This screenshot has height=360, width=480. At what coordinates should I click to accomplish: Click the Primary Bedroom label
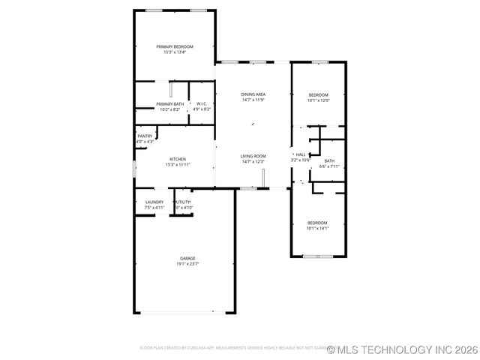pyautogui.click(x=175, y=46)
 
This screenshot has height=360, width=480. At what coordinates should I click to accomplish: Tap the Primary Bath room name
pyautogui.click(x=169, y=103)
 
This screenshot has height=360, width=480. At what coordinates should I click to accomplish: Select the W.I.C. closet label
pyautogui.click(x=202, y=103)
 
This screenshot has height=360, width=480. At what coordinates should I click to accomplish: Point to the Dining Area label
pyautogui.click(x=253, y=94)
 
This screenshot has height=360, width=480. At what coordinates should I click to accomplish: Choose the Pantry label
pyautogui.click(x=145, y=136)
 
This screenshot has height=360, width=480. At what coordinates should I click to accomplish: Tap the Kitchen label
pyautogui.click(x=178, y=159)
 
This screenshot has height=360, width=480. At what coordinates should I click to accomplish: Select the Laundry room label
pyautogui.click(x=154, y=202)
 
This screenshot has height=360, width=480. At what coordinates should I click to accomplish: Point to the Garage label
pyautogui.click(x=187, y=258)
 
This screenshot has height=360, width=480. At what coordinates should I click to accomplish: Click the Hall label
pyautogui.click(x=301, y=154)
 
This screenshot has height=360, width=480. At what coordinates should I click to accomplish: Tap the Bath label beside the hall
pyautogui.click(x=329, y=161)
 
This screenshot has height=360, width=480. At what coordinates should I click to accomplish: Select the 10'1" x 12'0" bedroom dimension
pyautogui.click(x=319, y=100)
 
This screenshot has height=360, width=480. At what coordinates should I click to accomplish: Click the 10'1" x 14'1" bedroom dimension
pyautogui.click(x=318, y=228)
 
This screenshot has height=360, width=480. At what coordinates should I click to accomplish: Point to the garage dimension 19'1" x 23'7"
pyautogui.click(x=187, y=264)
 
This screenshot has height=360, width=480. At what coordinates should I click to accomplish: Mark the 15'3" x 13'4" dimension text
pyautogui.click(x=175, y=52)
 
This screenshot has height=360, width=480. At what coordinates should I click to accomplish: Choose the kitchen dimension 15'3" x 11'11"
pyautogui.click(x=178, y=165)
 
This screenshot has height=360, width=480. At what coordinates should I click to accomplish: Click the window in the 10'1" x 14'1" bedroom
pyautogui.click(x=318, y=256)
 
